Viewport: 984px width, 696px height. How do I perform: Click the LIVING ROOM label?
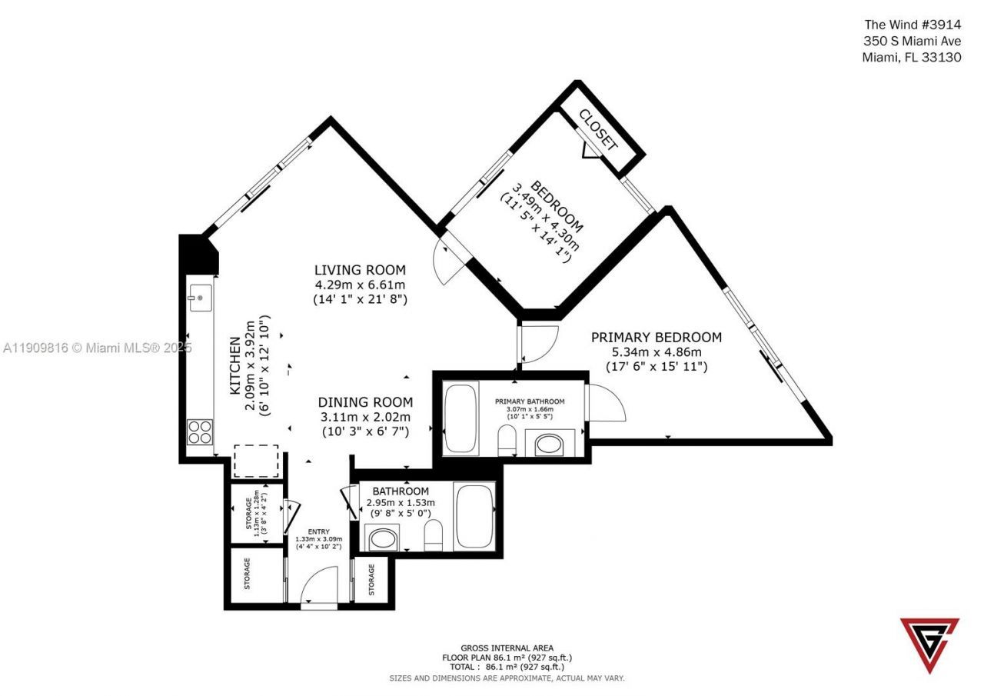tap(360, 270)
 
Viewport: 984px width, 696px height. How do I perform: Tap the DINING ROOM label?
tap(365, 402)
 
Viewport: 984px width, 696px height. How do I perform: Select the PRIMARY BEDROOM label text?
tap(656, 337)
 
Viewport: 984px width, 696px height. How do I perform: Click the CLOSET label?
tap(598, 128)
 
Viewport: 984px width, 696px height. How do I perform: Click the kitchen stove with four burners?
tap(200, 431)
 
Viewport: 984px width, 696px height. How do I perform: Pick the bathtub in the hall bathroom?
tap(474, 515)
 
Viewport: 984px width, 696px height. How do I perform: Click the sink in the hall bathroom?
tap(382, 538)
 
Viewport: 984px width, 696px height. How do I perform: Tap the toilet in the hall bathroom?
tap(434, 535)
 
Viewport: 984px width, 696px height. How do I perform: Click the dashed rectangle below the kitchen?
tap(256, 461)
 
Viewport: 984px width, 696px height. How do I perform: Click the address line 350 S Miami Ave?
tap(913, 41)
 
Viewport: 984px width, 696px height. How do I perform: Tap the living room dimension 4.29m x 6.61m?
tap(360, 285)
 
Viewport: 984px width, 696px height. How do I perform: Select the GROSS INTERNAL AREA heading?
tap(507, 648)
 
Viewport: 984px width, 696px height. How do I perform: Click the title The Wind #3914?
tap(913, 25)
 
